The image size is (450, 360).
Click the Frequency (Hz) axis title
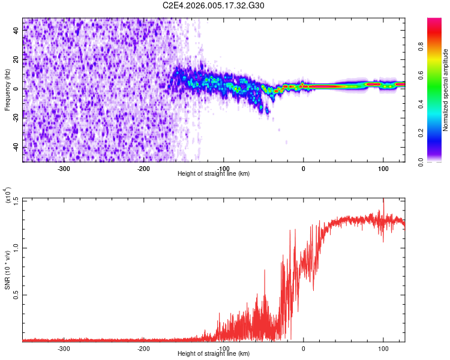pos(8,89)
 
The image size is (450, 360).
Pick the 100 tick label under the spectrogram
pos(383,169)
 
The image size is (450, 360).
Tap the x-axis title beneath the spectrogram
pos(214,174)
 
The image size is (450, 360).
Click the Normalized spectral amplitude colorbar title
pos(446,90)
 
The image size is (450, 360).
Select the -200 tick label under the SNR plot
pos(143,348)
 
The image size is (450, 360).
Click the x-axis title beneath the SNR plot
pos(214,353)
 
